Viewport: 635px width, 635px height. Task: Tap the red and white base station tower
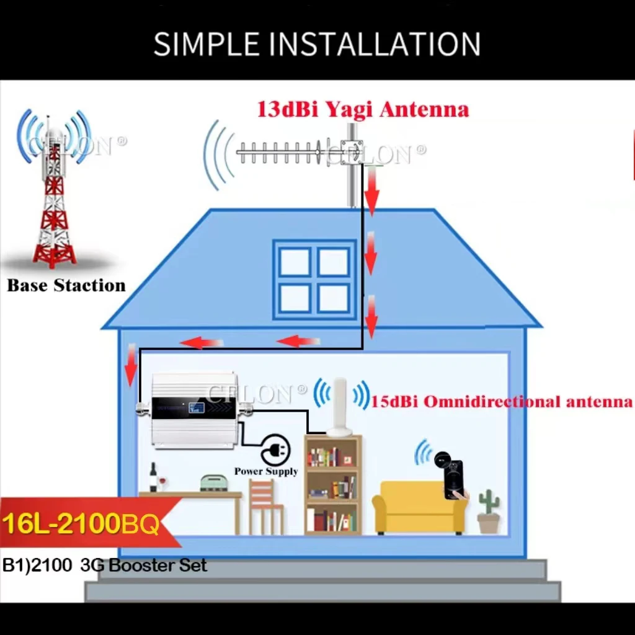tap(55, 198)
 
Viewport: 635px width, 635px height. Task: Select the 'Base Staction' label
tap(66, 285)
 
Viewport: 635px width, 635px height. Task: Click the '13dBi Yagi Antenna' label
tap(363, 110)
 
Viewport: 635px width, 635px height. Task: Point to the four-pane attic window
tap(314, 280)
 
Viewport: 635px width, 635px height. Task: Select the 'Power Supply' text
tap(266, 471)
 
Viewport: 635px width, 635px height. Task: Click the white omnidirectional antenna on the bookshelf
tap(340, 406)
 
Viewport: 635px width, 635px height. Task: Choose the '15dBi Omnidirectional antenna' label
tap(501, 401)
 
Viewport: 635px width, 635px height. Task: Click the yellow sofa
tap(419, 507)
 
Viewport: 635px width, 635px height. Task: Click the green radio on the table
tap(213, 483)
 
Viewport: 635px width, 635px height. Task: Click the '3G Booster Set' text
tap(144, 565)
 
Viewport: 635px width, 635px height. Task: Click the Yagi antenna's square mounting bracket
tap(352, 153)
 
